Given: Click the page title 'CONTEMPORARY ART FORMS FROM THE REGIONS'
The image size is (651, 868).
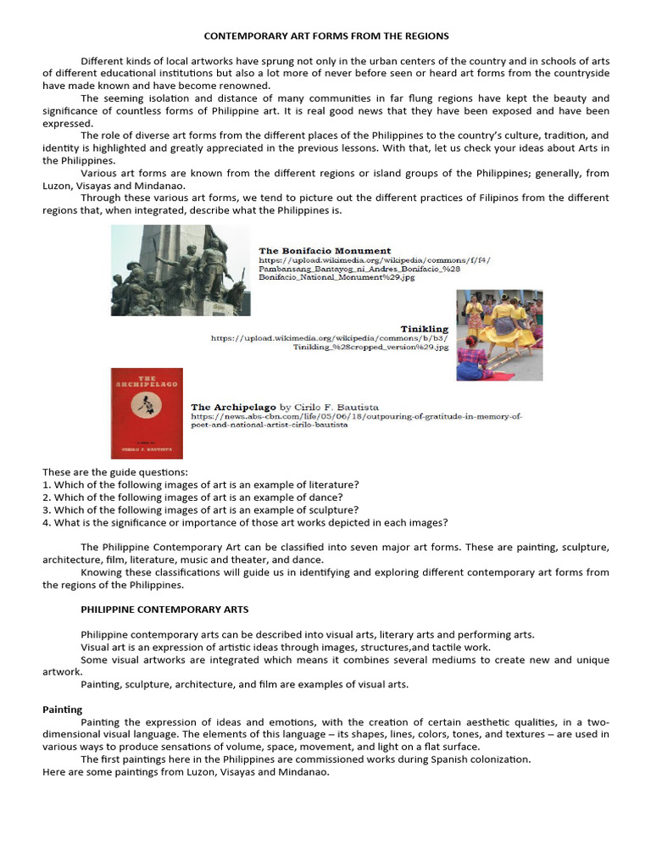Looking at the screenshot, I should pos(326,36).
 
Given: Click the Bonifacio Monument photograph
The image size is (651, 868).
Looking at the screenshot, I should pos(181,270).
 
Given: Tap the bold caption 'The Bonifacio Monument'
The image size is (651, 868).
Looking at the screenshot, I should pos(325,251).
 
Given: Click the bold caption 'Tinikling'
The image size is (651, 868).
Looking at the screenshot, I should pos(424,328).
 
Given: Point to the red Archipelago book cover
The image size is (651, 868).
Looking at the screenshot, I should pos(147,413).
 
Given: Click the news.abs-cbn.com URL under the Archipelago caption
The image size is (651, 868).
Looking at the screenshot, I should pos(357,420).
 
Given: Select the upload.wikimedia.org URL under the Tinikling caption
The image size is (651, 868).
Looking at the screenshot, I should pos(329,342).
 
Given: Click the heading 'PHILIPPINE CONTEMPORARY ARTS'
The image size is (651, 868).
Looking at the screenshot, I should pos(164,609).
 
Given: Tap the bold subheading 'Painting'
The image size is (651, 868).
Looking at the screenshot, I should pos(63,709).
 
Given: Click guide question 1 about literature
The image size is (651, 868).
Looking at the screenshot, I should pos(200,484).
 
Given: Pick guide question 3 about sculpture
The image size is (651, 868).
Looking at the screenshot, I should pos(200,509).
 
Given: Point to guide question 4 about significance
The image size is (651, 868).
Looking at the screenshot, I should pos(245,522).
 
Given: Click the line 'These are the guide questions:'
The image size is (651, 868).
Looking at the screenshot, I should pos(115,471).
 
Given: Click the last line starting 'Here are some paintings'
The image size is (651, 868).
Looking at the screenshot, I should pos(186,772).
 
